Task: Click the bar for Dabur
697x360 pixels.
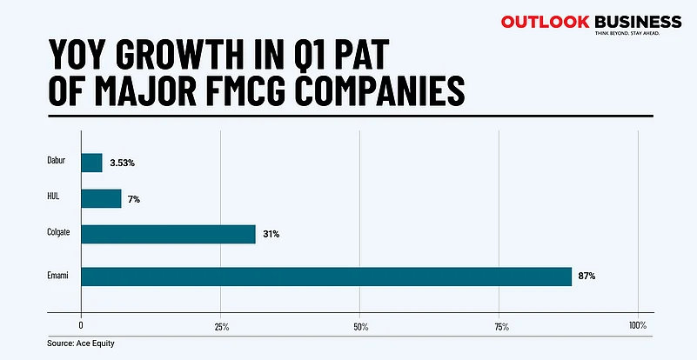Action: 91,163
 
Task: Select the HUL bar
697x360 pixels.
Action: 101,198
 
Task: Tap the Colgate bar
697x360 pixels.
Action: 168,234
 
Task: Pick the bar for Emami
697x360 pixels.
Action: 326,276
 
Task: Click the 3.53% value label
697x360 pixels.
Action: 122,163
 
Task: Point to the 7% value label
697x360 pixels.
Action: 133,199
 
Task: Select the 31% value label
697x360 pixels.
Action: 271,234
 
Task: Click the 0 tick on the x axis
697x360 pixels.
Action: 81,326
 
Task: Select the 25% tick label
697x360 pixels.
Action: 221,326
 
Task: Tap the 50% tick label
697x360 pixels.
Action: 360,326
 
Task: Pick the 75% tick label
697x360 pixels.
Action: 499,326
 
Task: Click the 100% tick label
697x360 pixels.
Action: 637,326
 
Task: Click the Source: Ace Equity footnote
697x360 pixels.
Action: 81,343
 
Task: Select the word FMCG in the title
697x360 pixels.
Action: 252,90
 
